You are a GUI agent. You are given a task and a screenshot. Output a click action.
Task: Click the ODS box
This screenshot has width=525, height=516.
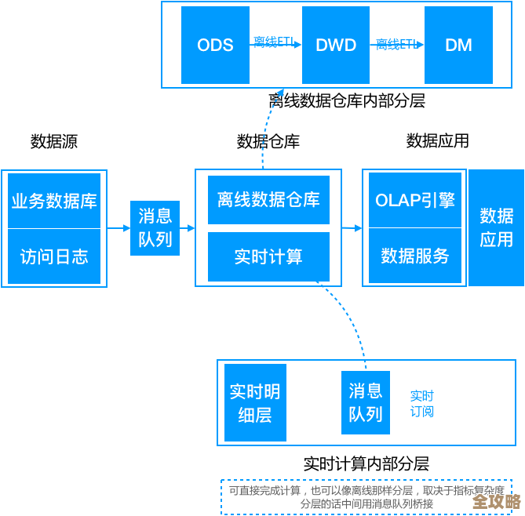point(215,45)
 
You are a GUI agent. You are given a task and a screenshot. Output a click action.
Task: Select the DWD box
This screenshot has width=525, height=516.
point(335,45)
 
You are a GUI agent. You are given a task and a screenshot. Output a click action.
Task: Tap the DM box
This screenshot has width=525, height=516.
point(458,45)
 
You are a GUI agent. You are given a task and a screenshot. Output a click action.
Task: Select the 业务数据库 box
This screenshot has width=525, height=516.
point(54,201)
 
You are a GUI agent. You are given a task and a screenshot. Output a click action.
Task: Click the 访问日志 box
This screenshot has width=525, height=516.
point(54,256)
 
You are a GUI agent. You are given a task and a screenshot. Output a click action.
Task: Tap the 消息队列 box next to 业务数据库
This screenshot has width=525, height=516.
point(155,228)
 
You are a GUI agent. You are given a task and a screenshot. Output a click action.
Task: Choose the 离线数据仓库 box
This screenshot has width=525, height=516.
point(268,200)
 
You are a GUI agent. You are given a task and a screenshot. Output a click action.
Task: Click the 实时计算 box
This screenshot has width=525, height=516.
point(268,256)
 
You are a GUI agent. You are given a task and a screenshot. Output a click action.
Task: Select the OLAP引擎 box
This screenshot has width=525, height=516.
point(415,200)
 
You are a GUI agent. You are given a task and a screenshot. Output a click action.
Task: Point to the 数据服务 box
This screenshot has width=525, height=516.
point(415,256)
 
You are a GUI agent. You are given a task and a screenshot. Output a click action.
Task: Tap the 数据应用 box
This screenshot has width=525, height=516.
point(496,227)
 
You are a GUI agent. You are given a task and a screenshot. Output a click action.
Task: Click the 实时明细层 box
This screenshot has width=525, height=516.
point(254,402)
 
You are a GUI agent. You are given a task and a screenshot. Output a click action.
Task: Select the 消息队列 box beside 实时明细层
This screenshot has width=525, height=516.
point(365,402)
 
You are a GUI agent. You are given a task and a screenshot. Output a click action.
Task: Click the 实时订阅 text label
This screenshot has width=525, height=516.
point(421,403)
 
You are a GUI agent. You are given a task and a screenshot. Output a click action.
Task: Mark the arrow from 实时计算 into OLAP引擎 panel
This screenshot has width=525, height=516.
point(352,228)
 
